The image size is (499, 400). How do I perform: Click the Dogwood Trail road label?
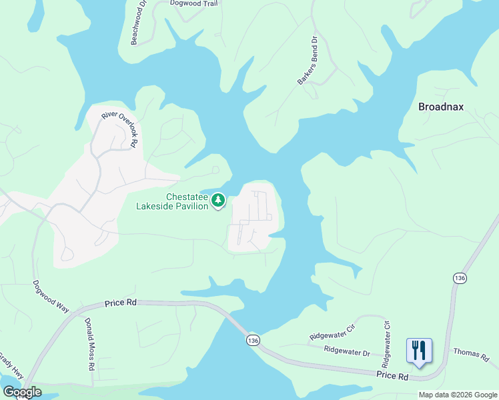[x=193, y=3]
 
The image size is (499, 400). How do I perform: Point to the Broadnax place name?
[x=440, y=107]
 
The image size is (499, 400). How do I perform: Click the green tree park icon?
[x=218, y=200]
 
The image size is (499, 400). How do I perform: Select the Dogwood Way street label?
[x=51, y=296]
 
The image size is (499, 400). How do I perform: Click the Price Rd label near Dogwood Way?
[x=121, y=303]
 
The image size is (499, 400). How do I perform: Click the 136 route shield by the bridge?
[x=252, y=341]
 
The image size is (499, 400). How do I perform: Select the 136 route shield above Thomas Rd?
[x=459, y=278]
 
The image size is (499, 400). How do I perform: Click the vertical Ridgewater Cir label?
[x=386, y=343]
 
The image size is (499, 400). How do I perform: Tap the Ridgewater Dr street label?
[x=347, y=351]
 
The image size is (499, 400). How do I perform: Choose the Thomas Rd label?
[x=471, y=354]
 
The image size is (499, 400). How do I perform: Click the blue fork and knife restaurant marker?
[x=419, y=351]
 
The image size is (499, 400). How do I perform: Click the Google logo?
[x=22, y=392]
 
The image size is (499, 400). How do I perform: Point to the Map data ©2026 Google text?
[x=458, y=395]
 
